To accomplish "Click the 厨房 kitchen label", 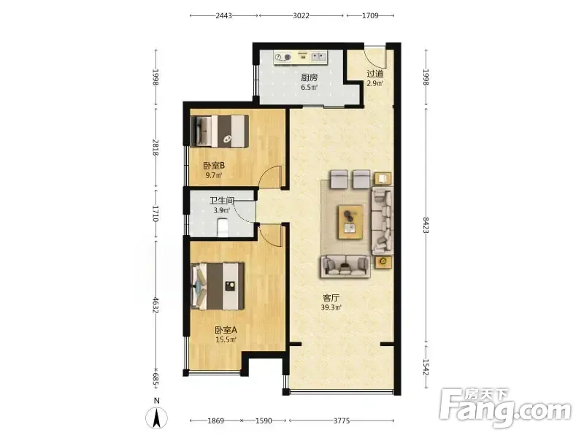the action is tap(309, 77).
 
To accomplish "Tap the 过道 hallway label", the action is tap(374, 74).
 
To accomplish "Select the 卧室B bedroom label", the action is tap(214, 166).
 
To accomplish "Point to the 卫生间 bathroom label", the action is tap(222, 201).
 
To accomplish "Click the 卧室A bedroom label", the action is tap(226, 330).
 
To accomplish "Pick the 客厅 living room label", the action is tap(331, 298).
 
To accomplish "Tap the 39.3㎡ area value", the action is tap(331, 307).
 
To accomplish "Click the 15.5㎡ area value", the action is tap(226, 339).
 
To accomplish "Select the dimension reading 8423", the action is tap(426, 226).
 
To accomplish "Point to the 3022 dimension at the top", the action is tap(301, 15).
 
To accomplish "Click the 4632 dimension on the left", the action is tap(155, 304).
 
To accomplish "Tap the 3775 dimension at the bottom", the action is tap(342, 421).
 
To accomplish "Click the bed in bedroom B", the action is tap(220, 131).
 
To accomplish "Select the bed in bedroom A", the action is tap(218, 286).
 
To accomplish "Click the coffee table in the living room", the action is tap(350, 222).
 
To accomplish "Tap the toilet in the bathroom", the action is tap(223, 228).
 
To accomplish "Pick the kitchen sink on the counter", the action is tap(318, 57).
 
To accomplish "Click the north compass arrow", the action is tap(157, 418).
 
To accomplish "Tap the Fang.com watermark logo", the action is tap(505, 408).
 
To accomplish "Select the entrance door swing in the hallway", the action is tap(375, 56).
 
